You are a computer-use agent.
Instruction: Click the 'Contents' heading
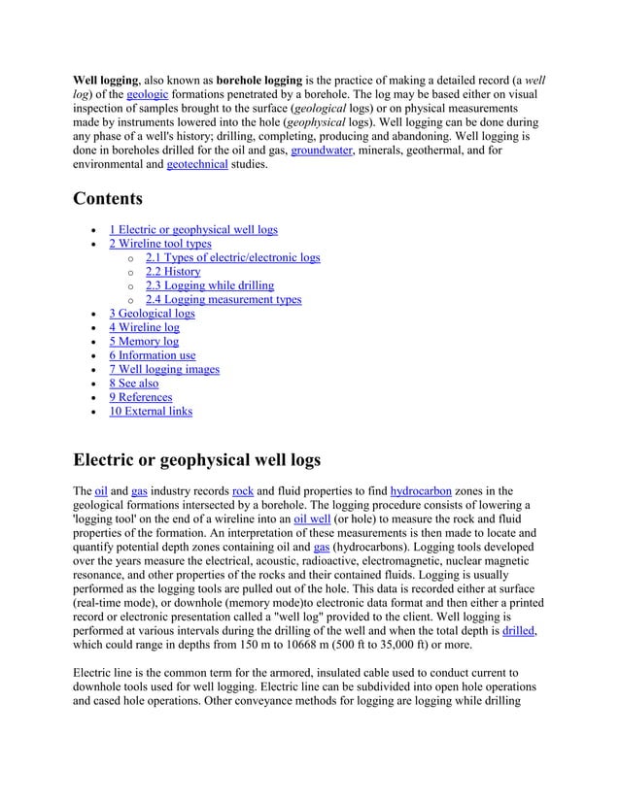108,199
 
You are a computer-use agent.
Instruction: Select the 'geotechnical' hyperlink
198,166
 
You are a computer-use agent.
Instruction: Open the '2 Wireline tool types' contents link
160,244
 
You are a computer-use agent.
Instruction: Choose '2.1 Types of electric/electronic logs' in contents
232,258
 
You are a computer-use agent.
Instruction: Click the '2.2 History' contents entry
173,272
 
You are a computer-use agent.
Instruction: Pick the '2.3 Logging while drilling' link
210,285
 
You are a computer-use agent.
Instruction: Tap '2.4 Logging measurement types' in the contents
224,300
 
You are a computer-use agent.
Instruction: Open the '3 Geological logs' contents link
152,314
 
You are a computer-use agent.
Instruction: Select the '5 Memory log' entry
144,342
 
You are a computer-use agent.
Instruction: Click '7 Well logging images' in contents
164,369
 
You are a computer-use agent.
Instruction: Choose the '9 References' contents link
141,397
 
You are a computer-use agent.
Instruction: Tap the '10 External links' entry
151,411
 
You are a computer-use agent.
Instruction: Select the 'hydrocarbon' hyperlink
424,491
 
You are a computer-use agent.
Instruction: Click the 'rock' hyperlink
243,491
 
